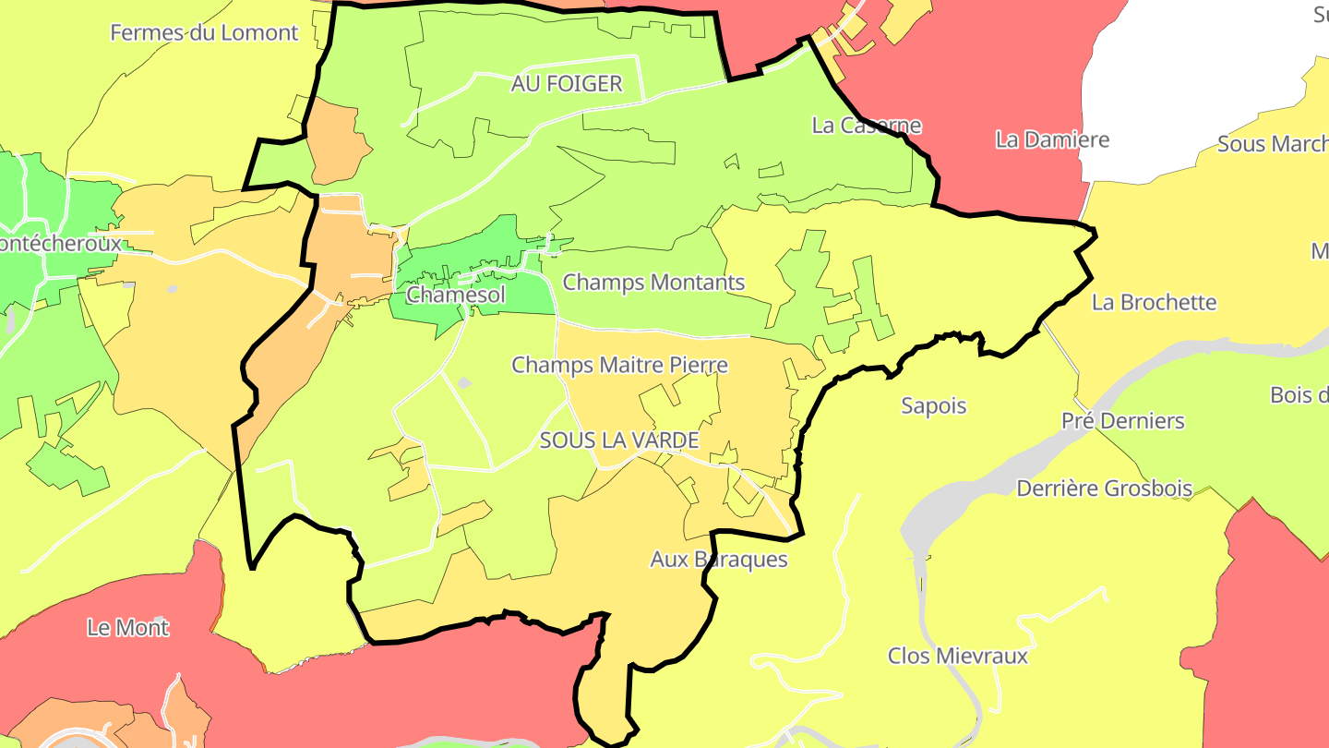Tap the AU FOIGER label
(567, 84)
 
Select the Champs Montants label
(653, 283)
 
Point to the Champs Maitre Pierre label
(619, 366)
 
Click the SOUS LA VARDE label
(619, 440)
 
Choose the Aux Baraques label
(719, 560)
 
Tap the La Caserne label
(867, 126)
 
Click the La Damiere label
(1052, 140)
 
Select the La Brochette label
(1154, 303)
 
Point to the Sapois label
(933, 406)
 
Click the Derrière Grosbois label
(1104, 489)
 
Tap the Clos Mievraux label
(957, 657)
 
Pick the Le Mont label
(127, 628)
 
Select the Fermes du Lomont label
(204, 33)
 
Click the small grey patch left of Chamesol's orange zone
(173, 289)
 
